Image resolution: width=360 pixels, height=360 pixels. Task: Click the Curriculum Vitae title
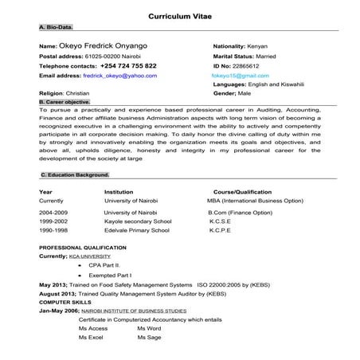tap(179, 16)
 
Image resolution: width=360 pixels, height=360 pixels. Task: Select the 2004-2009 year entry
tap(53, 213)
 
